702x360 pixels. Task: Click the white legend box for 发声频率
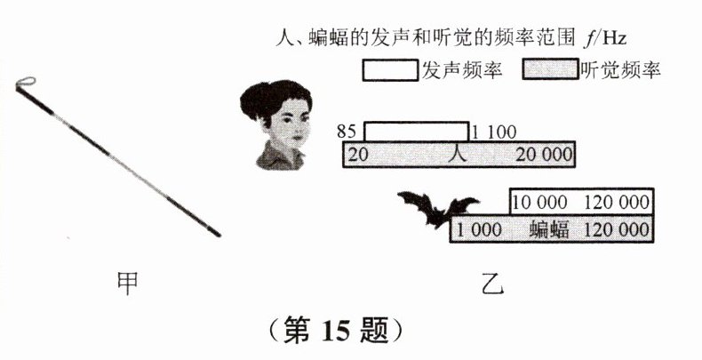coord(389,69)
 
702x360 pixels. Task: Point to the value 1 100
coord(492,132)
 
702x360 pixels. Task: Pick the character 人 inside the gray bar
coord(457,154)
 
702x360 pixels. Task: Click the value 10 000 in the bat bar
coord(542,202)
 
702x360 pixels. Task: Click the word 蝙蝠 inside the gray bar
coord(549,228)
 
